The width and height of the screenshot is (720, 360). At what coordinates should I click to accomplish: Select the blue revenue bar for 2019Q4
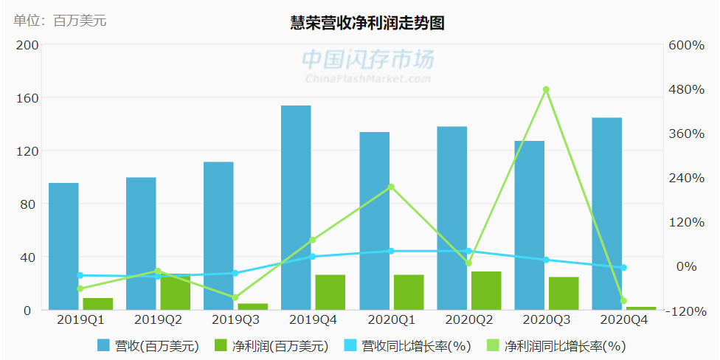click(296, 207)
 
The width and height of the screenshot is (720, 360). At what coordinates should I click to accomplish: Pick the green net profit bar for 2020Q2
click(486, 291)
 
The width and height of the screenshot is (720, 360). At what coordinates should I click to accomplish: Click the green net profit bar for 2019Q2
click(175, 292)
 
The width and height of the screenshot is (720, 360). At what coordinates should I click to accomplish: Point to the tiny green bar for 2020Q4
click(641, 308)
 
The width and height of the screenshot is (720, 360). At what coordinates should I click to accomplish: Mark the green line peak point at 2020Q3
click(546, 90)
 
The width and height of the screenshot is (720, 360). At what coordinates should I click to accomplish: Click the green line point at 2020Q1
click(391, 187)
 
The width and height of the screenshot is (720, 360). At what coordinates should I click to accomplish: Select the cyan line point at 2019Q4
click(313, 257)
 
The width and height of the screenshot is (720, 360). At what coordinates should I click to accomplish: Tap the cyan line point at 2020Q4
click(623, 268)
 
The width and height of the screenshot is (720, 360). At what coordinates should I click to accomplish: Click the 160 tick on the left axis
click(27, 98)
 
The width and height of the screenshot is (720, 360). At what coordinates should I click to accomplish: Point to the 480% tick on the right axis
click(686, 89)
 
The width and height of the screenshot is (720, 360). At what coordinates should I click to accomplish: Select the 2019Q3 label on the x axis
click(235, 320)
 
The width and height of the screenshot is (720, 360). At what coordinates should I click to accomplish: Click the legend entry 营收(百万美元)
click(148, 345)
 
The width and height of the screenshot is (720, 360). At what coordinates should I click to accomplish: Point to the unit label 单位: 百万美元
click(60, 21)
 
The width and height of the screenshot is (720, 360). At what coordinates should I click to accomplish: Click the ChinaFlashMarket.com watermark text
click(368, 78)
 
